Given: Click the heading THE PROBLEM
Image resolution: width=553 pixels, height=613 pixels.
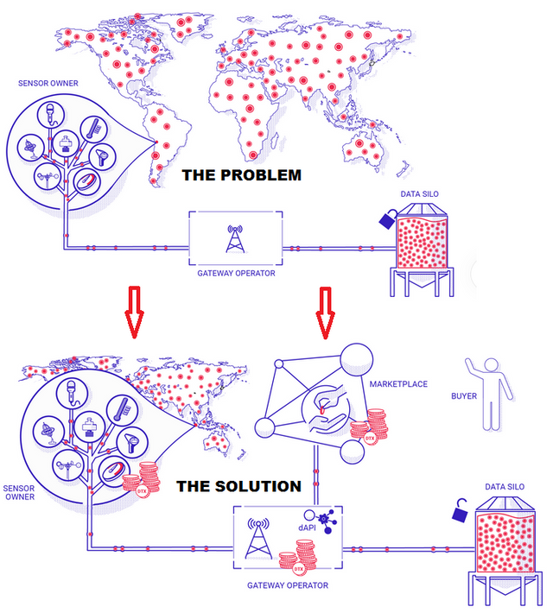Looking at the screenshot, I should pos(241,175).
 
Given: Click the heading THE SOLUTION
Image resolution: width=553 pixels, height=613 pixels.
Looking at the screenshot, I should pos(238,486).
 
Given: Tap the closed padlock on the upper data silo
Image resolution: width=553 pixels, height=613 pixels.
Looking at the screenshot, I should pos(385,218).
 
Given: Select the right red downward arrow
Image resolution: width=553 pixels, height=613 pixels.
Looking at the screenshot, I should pos(325,312).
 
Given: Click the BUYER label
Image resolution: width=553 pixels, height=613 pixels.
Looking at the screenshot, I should pos(464,396).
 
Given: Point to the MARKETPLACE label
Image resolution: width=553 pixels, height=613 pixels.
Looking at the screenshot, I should pos(398,384).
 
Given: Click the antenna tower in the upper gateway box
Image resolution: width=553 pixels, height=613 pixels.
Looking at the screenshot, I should pos(234,239).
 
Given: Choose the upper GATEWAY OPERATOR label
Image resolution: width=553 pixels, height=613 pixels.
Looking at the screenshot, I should pos(235,273).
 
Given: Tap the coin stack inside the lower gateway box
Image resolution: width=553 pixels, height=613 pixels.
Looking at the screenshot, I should pos(302,557).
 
